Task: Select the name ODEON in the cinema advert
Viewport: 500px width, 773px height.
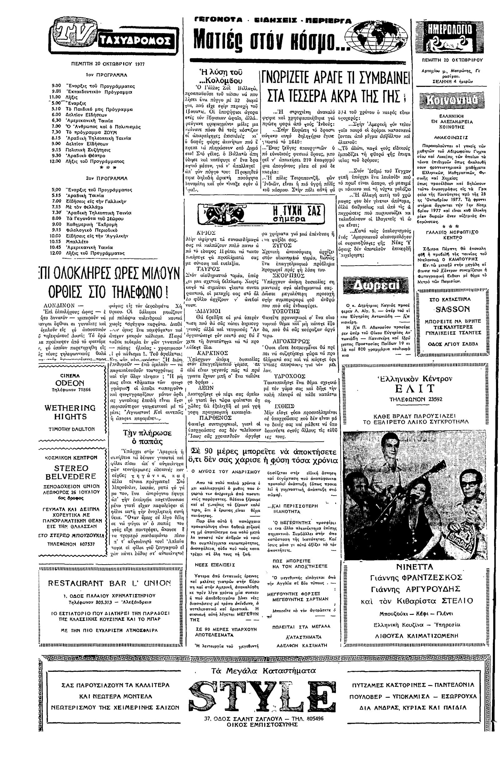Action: click(x=69, y=383)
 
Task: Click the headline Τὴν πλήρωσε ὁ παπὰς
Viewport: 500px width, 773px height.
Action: click(x=147, y=437)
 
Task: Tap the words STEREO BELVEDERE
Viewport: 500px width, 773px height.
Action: click(x=71, y=472)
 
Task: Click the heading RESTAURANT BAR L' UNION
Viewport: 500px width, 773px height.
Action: click(x=109, y=583)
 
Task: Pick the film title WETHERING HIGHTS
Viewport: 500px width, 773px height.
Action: click(x=70, y=412)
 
